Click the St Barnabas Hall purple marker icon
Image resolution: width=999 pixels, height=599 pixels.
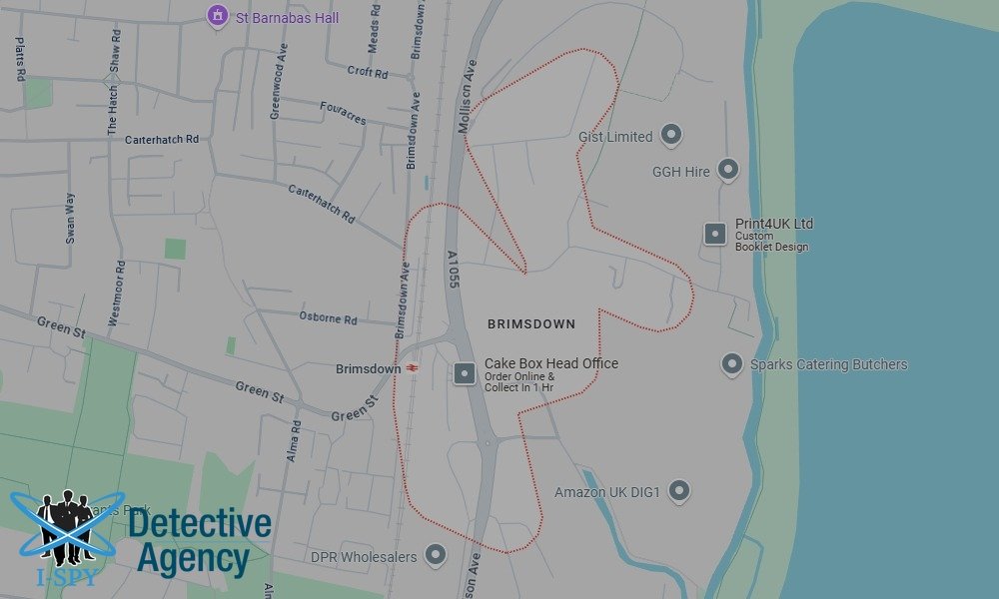[x=217, y=16]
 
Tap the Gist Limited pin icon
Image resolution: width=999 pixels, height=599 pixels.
[x=671, y=134]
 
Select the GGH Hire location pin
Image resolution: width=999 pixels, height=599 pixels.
[x=728, y=169]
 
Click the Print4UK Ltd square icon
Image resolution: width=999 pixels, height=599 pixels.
[x=715, y=234]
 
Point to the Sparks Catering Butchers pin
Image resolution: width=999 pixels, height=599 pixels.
[x=732, y=363]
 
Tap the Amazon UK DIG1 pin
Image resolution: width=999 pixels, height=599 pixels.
[x=679, y=490]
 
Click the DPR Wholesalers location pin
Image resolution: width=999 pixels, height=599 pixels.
[x=435, y=554]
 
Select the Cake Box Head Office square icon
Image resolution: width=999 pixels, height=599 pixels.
[x=465, y=373]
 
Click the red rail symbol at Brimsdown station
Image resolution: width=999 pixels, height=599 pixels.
[x=411, y=368]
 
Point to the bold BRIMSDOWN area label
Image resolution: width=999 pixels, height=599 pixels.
[x=530, y=324]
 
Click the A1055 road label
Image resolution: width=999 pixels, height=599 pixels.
[x=454, y=270]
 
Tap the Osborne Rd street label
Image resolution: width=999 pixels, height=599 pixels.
[x=328, y=318]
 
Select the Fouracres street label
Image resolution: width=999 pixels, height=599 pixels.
[x=343, y=113]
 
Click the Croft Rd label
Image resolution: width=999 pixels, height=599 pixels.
[x=367, y=72]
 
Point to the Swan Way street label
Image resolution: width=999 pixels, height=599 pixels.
[x=70, y=218]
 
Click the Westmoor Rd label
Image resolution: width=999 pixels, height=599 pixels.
[x=116, y=294]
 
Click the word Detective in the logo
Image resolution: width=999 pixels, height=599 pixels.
[x=200, y=523]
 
